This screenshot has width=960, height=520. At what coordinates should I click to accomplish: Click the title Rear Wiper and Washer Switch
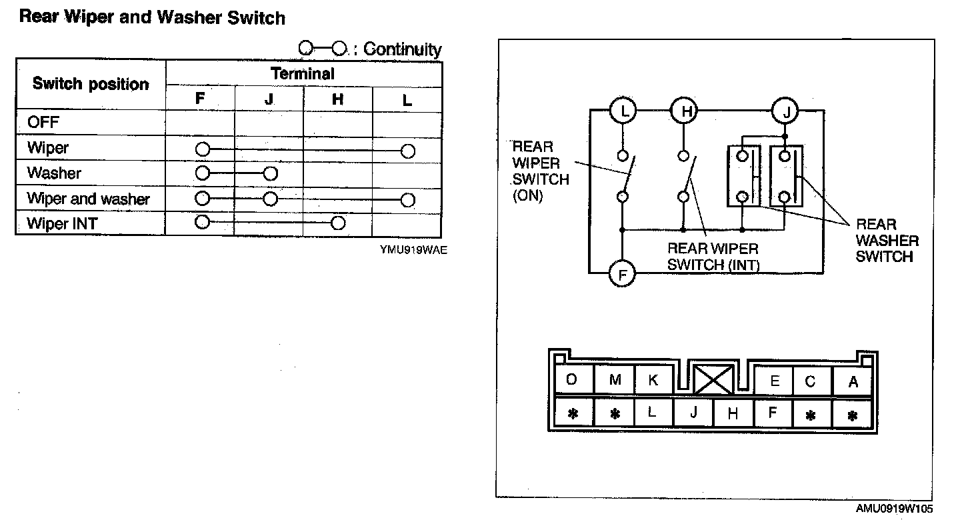[152, 17]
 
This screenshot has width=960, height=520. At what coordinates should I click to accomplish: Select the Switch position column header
[91, 84]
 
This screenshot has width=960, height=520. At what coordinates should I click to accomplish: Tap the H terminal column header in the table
[338, 99]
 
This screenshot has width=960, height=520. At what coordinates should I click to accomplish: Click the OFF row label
[43, 123]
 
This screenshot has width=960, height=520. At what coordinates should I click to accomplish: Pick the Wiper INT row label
[61, 223]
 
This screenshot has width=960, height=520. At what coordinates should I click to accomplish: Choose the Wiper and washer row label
[88, 199]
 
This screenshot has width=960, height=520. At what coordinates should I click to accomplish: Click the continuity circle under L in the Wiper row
[408, 151]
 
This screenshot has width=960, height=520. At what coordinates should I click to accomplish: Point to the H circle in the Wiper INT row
[338, 223]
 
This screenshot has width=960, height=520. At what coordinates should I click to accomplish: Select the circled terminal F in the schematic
[623, 273]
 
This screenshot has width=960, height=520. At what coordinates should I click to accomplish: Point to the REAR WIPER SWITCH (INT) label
[713, 257]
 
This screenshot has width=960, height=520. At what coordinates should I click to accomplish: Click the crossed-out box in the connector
[713, 380]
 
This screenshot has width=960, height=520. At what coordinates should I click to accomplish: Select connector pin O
[572, 380]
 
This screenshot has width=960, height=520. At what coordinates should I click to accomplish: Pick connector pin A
[853, 382]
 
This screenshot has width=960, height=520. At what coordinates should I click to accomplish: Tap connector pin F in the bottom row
[772, 413]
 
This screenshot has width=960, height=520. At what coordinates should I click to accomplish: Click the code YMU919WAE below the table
[410, 252]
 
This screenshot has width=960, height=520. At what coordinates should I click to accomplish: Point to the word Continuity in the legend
[403, 49]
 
